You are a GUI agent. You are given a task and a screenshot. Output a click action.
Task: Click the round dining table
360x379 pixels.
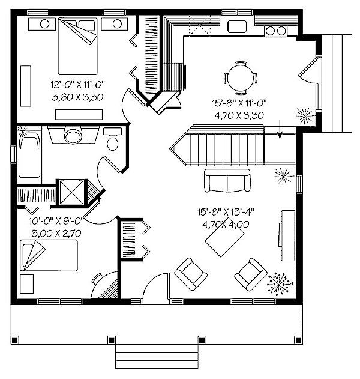(241, 78)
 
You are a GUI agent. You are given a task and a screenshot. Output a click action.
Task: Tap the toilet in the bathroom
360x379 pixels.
(113, 139)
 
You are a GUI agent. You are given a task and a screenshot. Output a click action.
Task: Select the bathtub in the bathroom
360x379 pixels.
(29, 155)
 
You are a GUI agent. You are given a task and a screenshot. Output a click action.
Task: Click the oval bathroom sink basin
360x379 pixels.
(73, 136)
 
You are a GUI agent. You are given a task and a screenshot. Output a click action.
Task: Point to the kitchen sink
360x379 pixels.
(237, 26)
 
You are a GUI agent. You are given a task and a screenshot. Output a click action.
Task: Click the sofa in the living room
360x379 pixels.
(227, 180)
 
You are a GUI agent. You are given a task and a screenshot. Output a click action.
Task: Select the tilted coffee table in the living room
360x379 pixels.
(224, 237)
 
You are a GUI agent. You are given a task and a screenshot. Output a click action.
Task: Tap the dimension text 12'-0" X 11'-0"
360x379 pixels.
(78, 85)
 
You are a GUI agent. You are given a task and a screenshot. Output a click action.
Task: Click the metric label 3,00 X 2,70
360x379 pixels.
(56, 234)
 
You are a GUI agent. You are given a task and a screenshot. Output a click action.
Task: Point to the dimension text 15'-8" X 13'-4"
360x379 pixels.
(226, 212)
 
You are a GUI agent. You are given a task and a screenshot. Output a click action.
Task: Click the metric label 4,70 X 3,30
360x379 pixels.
(239, 115)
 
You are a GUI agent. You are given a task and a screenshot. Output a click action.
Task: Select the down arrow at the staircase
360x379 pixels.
(280, 129)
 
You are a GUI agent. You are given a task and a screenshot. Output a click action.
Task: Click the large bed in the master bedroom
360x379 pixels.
(78, 46)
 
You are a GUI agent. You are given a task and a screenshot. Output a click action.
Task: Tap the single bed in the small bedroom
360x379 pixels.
(49, 255)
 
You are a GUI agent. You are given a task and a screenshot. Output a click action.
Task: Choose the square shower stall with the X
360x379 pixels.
(71, 193)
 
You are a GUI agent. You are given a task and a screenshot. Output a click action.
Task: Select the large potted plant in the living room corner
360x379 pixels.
(280, 284)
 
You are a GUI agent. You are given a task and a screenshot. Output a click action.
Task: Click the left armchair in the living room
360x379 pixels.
(191, 274)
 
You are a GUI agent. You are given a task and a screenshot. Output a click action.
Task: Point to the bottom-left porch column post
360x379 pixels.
(15, 340)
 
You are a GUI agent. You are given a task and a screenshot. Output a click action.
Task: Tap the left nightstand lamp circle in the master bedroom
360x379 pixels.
(44, 24)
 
